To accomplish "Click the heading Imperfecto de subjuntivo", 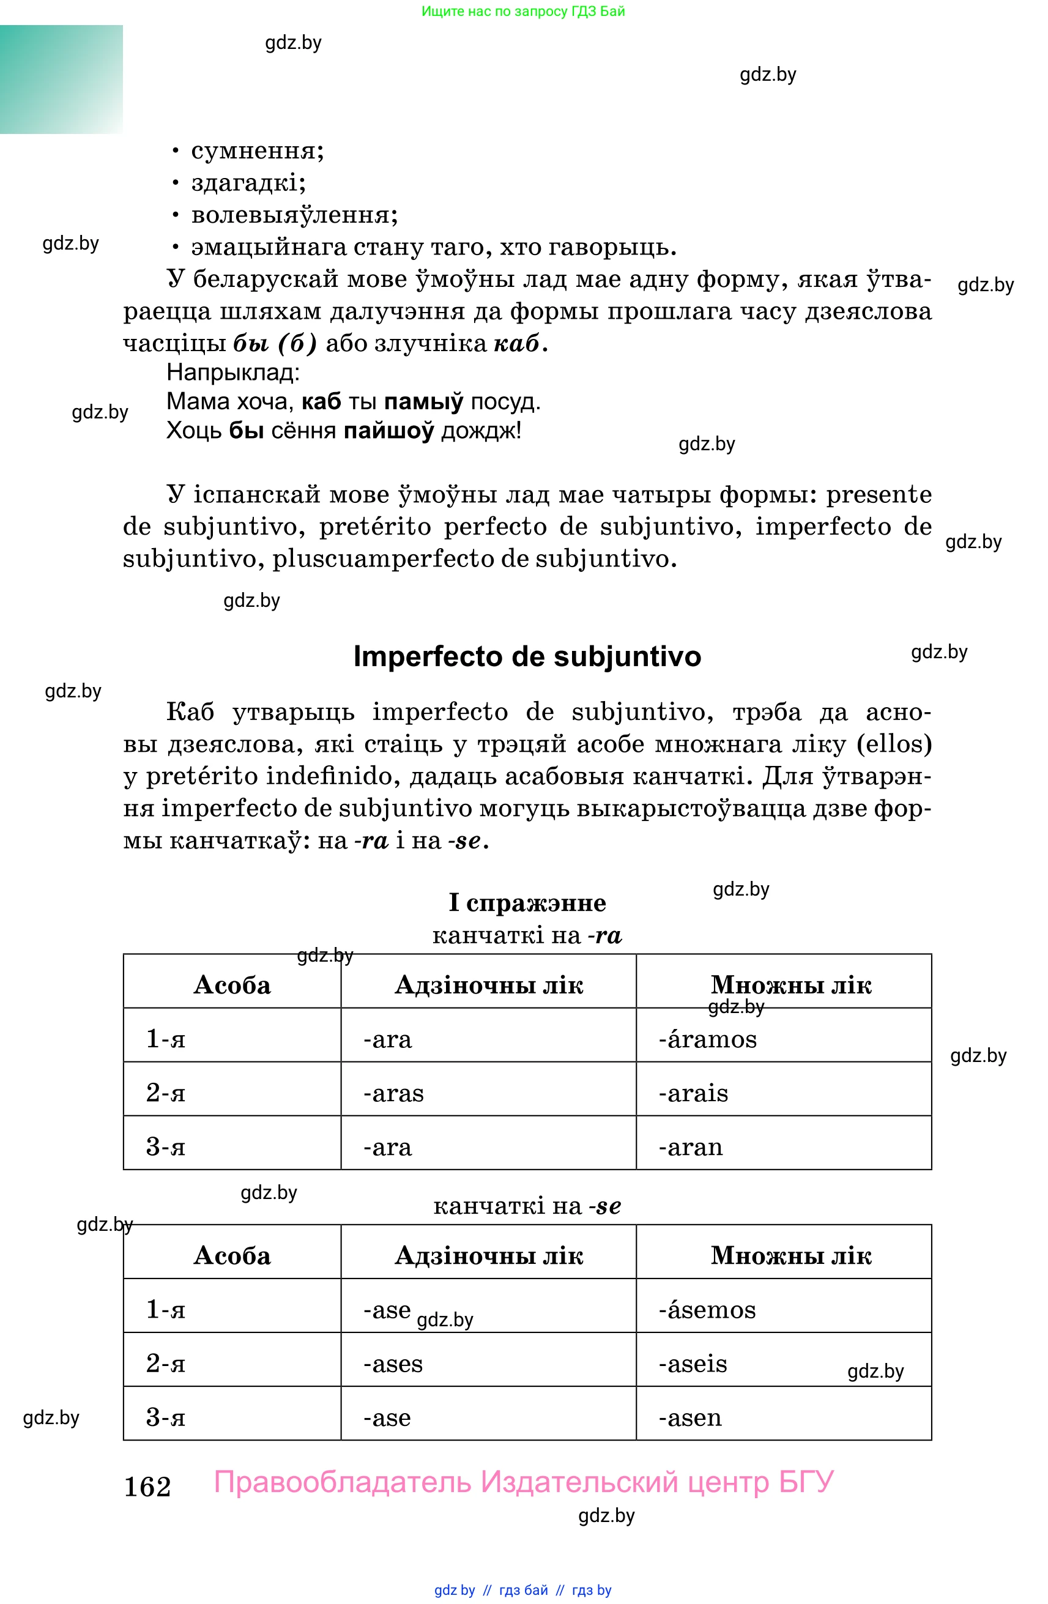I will pos(526,656).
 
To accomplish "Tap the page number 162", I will pos(147,1487).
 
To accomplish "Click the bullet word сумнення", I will pos(257,150).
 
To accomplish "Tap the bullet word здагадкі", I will pos(248,183).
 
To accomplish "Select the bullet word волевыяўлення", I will pos(294,215).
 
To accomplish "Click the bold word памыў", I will pos(423,402).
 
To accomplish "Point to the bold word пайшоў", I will pos(388,430).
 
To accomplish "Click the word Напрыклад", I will pos(232,372).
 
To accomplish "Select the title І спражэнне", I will pos(527,902).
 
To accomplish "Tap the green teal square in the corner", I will pos(61,79).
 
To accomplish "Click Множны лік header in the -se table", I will pos(790,1255).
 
